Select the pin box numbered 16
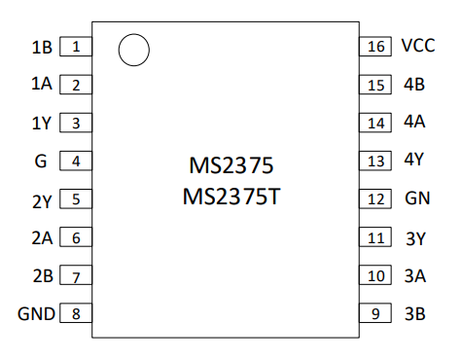click(375, 47)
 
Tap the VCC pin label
click(418, 46)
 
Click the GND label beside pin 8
click(36, 314)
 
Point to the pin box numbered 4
click(76, 161)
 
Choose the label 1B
click(42, 48)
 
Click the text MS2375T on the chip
click(231, 197)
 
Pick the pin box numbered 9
click(375, 313)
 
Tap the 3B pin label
click(415, 314)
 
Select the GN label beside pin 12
click(417, 198)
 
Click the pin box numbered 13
click(375, 161)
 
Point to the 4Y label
click(414, 160)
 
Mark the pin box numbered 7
click(76, 275)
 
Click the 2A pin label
click(42, 238)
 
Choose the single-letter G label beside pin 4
click(41, 162)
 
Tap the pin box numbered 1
click(76, 47)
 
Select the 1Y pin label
click(42, 124)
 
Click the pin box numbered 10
click(375, 275)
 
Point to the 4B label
click(414, 85)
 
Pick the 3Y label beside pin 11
click(415, 239)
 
